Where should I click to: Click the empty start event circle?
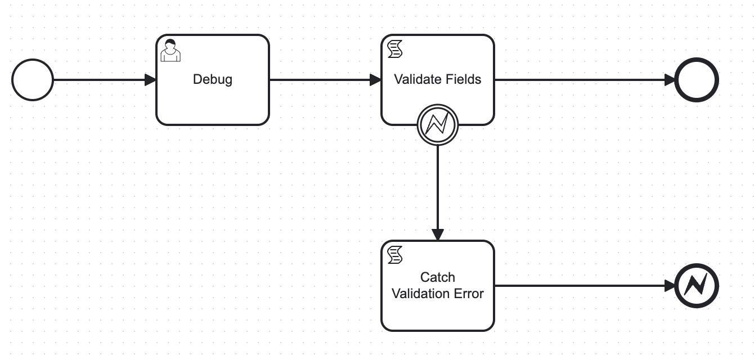click(33, 80)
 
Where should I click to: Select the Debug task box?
click(213, 80)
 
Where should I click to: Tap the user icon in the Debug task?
click(170, 51)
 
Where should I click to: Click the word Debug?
click(213, 80)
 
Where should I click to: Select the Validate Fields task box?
click(438, 80)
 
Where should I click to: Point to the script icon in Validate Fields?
click(395, 49)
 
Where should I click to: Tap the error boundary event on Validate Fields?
click(438, 124)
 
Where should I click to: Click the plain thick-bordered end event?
click(697, 80)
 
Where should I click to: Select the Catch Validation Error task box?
click(438, 286)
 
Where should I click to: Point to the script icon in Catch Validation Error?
click(395, 255)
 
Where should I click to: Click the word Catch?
click(438, 277)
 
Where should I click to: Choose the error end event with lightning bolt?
click(697, 286)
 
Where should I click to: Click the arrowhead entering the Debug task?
click(150, 80)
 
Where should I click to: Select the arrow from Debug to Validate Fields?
click(325, 80)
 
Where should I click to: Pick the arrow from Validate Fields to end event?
click(585, 80)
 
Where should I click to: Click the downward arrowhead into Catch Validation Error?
click(438, 235)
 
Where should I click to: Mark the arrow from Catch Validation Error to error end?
click(585, 286)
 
